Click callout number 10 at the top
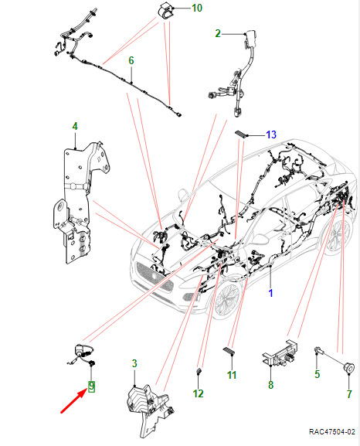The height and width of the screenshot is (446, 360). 197,8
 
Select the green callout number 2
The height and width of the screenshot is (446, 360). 218,33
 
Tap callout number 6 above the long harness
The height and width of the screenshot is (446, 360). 131,60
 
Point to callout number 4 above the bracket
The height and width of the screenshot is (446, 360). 75,126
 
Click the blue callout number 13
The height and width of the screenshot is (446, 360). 271,134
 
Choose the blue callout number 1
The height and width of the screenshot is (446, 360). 270,293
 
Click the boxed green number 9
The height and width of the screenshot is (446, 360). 92,386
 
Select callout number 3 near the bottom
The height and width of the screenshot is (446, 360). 134,363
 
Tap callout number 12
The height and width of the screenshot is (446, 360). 199,393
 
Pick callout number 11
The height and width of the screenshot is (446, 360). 232,375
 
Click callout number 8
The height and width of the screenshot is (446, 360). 270,385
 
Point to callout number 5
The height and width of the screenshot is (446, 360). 318,374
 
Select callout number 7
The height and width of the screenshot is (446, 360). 349,394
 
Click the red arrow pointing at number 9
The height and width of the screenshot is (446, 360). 73,401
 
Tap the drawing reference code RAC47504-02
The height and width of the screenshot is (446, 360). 332,431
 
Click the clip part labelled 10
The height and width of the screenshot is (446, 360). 165,10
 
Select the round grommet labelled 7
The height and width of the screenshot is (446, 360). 348,367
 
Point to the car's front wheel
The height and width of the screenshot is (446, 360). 227,298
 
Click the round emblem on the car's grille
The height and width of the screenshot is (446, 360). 154,275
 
